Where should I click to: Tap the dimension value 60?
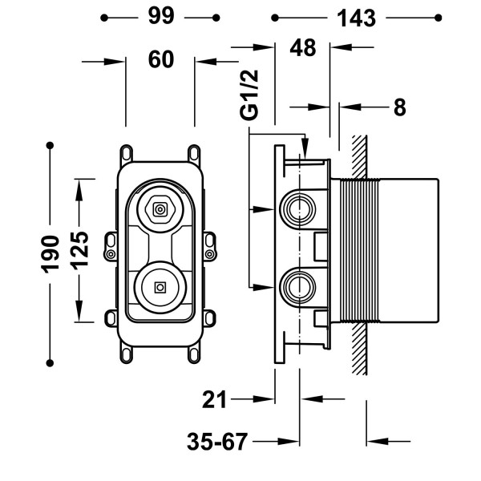(x=162, y=59)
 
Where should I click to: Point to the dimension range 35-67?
(x=216, y=440)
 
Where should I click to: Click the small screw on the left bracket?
(x=110, y=254)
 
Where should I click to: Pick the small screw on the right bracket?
(x=210, y=254)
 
